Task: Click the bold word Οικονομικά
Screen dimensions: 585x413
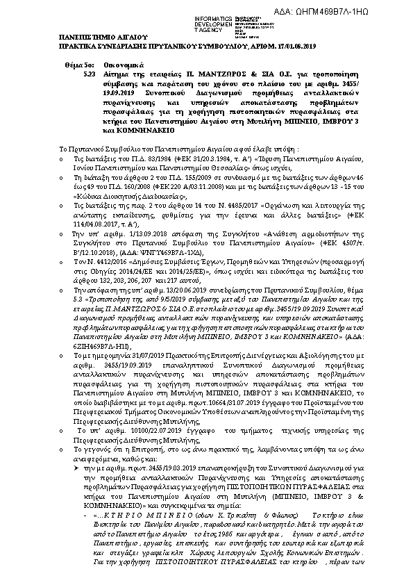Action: [112, 81]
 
